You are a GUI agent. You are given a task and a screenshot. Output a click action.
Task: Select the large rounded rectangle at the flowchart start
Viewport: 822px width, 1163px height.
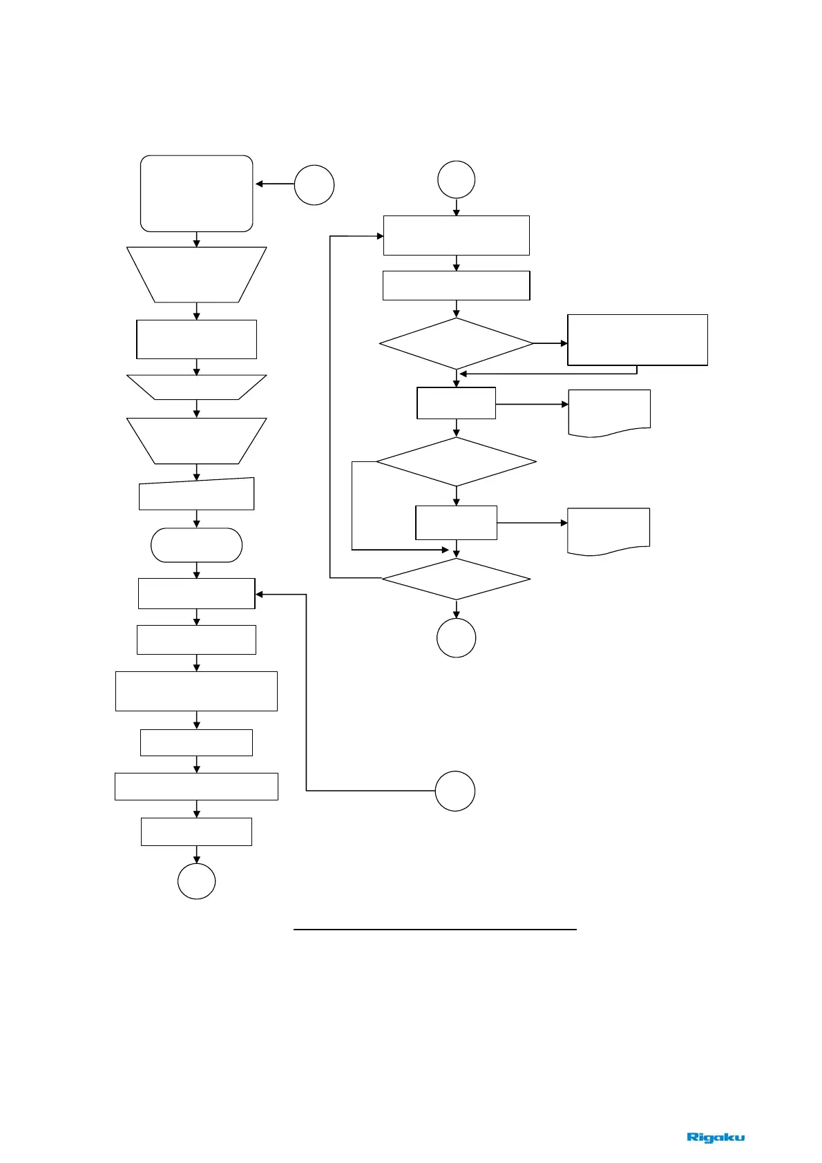click(197, 193)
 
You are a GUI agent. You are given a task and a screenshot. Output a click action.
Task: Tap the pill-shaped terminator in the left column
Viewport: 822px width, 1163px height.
click(197, 545)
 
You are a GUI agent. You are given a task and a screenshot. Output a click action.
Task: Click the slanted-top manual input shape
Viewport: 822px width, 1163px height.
click(197, 494)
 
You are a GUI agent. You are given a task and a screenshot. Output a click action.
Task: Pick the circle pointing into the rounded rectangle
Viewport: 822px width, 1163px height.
click(314, 185)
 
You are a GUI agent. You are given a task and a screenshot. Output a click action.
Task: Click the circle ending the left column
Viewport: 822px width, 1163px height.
click(197, 881)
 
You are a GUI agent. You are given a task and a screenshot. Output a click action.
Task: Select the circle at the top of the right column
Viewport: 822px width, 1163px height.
click(456, 180)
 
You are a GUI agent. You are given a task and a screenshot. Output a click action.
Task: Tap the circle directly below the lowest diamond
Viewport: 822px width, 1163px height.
click(456, 637)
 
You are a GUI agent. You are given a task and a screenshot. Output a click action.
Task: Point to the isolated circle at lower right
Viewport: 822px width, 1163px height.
click(455, 791)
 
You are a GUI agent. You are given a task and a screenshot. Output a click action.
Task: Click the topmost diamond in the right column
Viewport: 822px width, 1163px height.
click(456, 343)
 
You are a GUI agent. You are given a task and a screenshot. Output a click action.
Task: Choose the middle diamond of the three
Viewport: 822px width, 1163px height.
click(456, 461)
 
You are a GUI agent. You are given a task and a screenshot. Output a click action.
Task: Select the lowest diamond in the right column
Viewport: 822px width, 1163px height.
click(456, 579)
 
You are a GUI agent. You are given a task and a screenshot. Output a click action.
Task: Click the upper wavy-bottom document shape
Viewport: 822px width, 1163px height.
click(609, 412)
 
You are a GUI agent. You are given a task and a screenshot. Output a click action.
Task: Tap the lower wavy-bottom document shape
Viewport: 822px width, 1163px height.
click(609, 530)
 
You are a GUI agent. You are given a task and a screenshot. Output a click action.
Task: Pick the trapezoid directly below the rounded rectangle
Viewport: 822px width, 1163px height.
click(197, 274)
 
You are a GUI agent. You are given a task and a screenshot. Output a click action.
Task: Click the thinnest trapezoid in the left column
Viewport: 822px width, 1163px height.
click(197, 387)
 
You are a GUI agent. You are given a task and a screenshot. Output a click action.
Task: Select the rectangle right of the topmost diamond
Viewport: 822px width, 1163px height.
click(638, 339)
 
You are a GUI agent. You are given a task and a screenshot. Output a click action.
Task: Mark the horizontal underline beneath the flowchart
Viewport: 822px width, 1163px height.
click(435, 930)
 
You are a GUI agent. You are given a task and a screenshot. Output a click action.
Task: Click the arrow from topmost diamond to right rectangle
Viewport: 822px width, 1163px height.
click(551, 343)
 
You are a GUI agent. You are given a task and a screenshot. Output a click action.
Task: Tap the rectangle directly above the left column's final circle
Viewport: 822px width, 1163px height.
click(197, 832)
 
